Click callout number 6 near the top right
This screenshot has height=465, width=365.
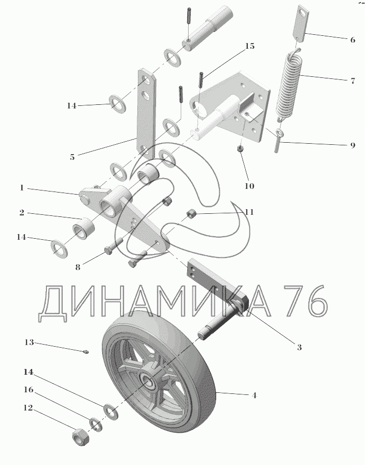tap(353, 40)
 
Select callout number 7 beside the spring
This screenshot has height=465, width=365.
tap(353, 81)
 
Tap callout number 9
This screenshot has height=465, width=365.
tap(353, 145)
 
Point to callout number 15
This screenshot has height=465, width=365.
tap(249, 46)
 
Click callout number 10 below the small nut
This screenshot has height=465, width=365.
tap(249, 185)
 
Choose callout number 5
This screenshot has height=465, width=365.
tap(72, 157)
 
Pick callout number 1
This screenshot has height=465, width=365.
tap(22, 188)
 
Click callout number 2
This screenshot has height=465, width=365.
tap(22, 213)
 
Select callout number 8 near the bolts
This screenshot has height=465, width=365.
tap(78, 268)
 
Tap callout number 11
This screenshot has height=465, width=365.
tap(249, 212)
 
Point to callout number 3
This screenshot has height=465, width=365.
tap(299, 347)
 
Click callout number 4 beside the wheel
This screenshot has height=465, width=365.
tap(254, 396)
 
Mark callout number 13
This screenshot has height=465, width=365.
tap(29, 343)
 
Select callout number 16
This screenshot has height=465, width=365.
tap(29, 389)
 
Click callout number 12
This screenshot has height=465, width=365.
tap(29, 408)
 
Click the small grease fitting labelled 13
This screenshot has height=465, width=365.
tap(86, 352)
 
